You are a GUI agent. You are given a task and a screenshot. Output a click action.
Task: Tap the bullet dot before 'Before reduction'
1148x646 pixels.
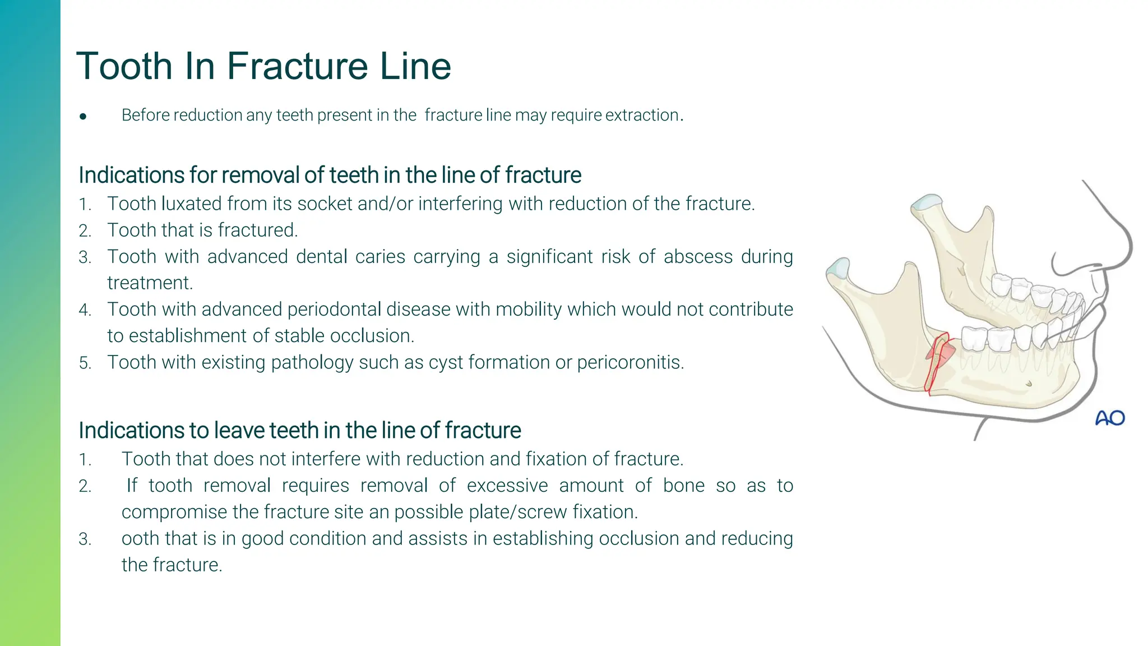pos(83,117)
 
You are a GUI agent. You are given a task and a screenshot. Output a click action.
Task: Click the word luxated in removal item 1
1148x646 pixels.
pos(191,204)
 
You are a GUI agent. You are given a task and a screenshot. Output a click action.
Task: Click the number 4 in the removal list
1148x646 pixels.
pos(85,310)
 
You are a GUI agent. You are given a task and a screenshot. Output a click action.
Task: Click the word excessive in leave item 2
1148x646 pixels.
pos(507,486)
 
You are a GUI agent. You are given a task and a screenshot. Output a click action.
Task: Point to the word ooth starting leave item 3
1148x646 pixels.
pos(141,538)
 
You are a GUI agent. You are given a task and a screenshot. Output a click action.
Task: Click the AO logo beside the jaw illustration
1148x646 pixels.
pos(1109,418)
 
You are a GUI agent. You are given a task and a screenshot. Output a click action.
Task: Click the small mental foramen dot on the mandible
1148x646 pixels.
pos(1028,384)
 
